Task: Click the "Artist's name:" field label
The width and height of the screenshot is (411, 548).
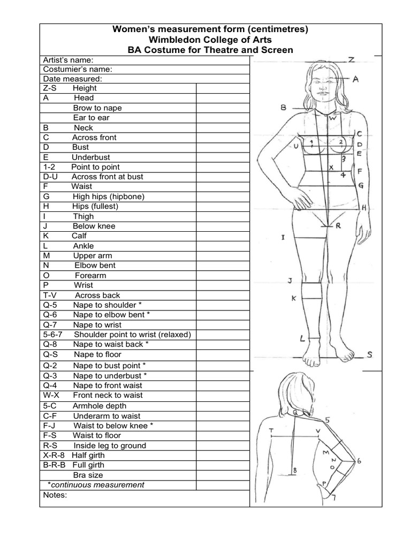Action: pyautogui.click(x=68, y=60)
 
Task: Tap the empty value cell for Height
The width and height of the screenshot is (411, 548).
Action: pyautogui.click(x=223, y=88)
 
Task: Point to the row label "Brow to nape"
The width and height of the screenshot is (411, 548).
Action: pyautogui.click(x=98, y=108)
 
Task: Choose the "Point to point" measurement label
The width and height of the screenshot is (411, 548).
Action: pyautogui.click(x=96, y=167)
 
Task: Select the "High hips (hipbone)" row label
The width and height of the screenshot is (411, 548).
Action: pyautogui.click(x=109, y=196)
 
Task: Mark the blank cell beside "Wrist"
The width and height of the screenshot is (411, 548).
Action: pyautogui.click(x=223, y=285)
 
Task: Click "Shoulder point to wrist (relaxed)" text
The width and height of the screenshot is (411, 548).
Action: pyautogui.click(x=132, y=334)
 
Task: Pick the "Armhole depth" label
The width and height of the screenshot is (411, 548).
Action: pyautogui.click(x=100, y=406)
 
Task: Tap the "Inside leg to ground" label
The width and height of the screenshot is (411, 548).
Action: pyautogui.click(x=110, y=445)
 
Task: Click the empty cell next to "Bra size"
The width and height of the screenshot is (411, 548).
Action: pyautogui.click(x=223, y=475)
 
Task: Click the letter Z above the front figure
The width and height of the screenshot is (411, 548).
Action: pyautogui.click(x=351, y=59)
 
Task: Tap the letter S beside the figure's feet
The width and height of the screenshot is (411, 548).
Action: pyautogui.click(x=370, y=354)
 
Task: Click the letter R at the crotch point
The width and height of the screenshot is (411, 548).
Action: pyautogui.click(x=338, y=226)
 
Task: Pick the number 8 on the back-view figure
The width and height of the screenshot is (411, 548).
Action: pyautogui.click(x=294, y=471)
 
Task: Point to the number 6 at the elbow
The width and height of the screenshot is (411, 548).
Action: pyautogui.click(x=359, y=460)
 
